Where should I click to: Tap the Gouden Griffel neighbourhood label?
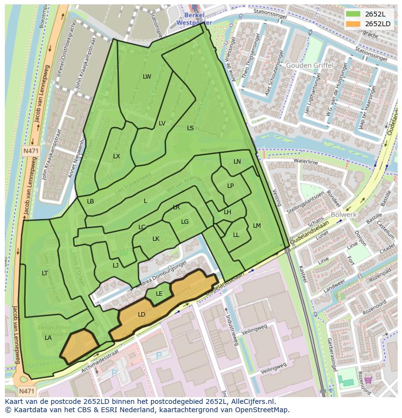309,65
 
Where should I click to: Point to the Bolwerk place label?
344,214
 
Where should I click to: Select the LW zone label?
147,77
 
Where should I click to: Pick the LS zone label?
190,128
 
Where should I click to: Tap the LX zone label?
117,156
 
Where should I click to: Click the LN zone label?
237,162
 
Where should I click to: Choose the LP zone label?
231,186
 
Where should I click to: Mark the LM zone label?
257,226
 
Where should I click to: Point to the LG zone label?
184,222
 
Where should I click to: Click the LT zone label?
45,273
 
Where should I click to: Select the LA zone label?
48,338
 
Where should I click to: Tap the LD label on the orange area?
141,315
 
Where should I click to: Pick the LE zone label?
159,294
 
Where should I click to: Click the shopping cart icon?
368,379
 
